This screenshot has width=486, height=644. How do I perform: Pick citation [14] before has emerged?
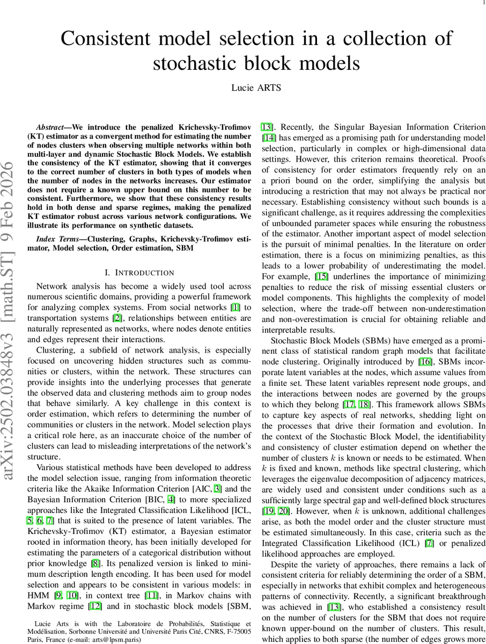click(x=269, y=138)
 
